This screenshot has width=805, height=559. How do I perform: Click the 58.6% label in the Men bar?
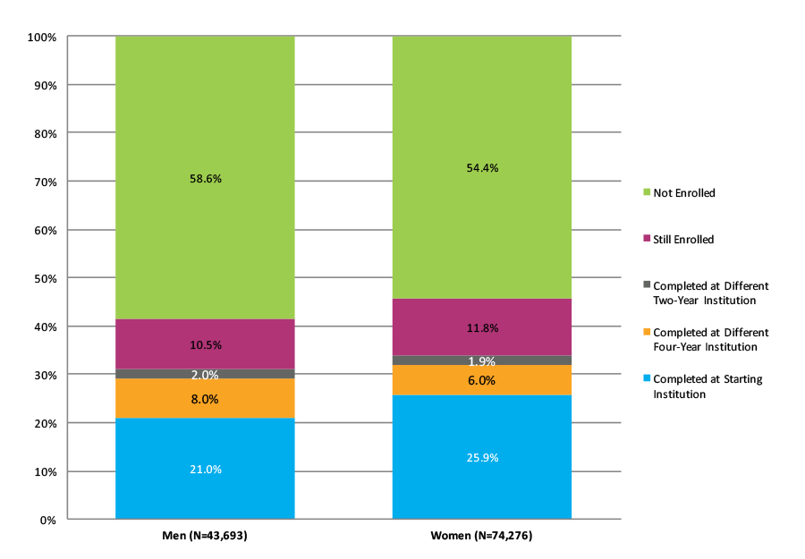205,179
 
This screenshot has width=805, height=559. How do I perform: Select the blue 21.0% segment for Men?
205,469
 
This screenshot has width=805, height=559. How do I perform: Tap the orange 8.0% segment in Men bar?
205,399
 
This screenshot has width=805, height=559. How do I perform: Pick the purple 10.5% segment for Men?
205,344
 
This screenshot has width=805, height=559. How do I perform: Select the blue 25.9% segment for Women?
481,457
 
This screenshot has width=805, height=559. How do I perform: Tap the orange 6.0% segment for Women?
481,380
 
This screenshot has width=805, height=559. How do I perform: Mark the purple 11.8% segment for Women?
481,327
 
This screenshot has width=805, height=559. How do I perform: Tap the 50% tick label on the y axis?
44,278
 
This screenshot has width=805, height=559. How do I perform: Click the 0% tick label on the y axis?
48,520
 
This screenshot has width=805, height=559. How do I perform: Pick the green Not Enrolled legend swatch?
647,192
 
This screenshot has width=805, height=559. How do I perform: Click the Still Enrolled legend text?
684,240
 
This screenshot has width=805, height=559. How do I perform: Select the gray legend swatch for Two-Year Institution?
647,285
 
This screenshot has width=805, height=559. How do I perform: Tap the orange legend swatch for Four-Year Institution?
647,332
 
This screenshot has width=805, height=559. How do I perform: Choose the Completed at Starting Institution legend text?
706,385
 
